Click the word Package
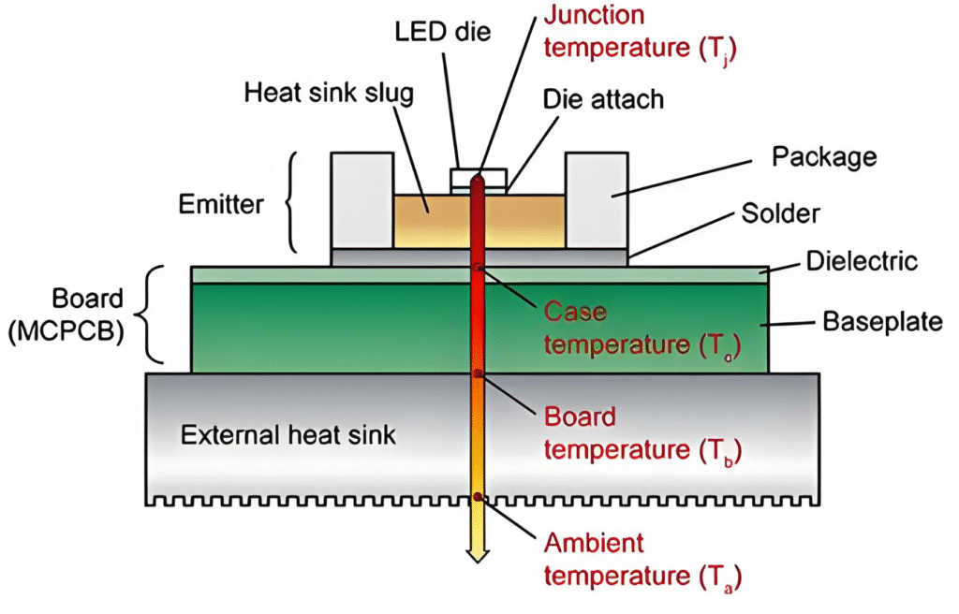tap(823, 156)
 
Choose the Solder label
tap(779, 213)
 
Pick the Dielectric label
tap(862, 261)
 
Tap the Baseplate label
tap(881, 323)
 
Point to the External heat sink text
tap(275, 435)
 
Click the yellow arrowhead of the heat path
tap(479, 554)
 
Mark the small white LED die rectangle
tap(479, 176)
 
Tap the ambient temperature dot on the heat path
tap(479, 497)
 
